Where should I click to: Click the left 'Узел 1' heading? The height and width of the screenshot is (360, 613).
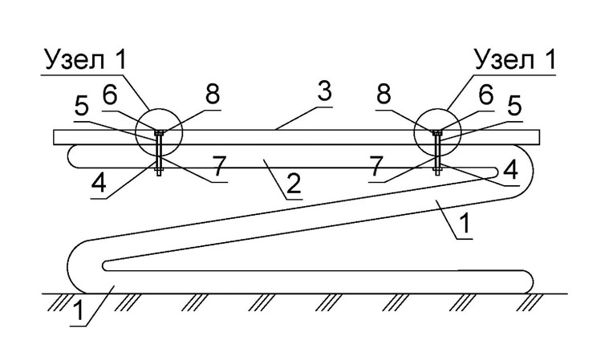pyautogui.click(x=87, y=60)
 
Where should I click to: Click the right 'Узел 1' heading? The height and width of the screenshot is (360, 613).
pyautogui.click(x=515, y=60)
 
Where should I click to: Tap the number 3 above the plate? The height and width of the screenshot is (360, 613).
pyautogui.click(x=324, y=91)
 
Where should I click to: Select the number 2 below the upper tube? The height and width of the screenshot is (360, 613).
pyautogui.click(x=294, y=184)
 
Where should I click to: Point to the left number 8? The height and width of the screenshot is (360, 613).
pyautogui.click(x=213, y=94)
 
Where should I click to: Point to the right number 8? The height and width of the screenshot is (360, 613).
pyautogui.click(x=384, y=94)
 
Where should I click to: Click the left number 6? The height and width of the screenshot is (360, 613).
pyautogui.click(x=110, y=94)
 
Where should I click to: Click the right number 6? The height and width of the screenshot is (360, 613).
pyautogui.click(x=486, y=94)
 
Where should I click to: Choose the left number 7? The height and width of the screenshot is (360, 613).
pyautogui.click(x=219, y=166)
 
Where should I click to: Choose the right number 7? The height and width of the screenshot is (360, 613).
pyautogui.click(x=376, y=166)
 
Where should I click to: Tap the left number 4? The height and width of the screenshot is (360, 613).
pyautogui.click(x=99, y=183)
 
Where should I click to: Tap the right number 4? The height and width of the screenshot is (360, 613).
pyautogui.click(x=511, y=170)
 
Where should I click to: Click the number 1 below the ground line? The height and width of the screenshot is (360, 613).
pyautogui.click(x=79, y=311)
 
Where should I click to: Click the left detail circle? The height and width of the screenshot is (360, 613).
pyautogui.click(x=136, y=132)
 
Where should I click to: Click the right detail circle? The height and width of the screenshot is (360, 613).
pyautogui.click(x=414, y=132)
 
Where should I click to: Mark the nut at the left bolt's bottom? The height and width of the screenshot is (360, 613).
pyautogui.click(x=159, y=170)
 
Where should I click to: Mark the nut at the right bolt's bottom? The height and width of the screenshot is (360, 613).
pyautogui.click(x=437, y=170)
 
